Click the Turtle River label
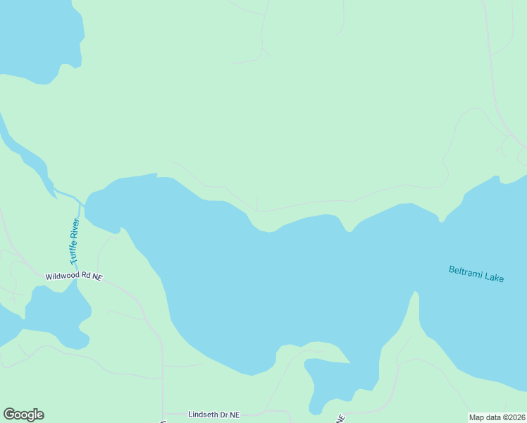tap(75, 242)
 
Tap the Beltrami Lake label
tap(476, 274)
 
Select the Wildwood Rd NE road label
tap(74, 277)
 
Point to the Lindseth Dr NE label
tap(214, 415)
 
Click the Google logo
tap(23, 415)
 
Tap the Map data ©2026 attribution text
tap(497, 417)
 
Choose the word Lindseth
tap(204, 415)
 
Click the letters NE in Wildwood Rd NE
tap(97, 278)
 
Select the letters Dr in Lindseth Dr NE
tap(224, 415)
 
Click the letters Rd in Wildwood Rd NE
tap(86, 277)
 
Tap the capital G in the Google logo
tap(10, 414)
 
